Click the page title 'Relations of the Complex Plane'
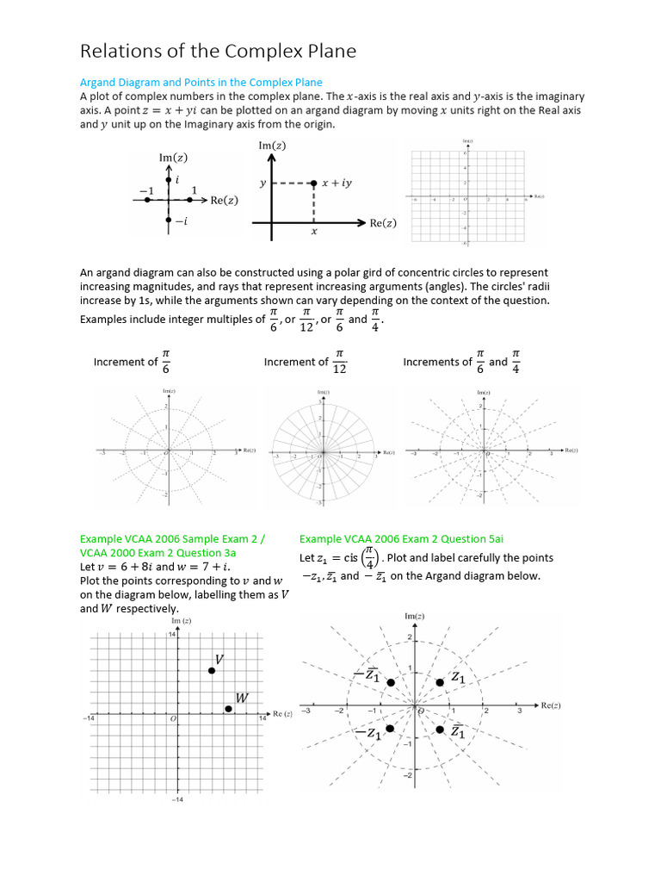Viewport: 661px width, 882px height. [218, 52]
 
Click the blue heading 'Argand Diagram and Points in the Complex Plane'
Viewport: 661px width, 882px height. [201, 83]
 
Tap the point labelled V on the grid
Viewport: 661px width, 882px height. [212, 671]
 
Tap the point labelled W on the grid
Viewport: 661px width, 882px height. [228, 709]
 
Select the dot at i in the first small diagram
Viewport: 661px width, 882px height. [169, 179]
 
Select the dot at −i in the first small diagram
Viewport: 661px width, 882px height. [169, 220]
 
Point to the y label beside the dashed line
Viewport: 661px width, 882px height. [263, 183]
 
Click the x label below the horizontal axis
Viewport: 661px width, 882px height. [313, 232]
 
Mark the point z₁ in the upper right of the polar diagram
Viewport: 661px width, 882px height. [440, 682]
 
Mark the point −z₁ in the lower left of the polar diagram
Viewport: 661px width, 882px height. [390, 729]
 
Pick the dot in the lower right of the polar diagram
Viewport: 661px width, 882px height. [440, 730]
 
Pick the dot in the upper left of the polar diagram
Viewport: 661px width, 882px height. [391, 682]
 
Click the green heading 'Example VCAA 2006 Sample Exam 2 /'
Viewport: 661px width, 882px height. [172, 538]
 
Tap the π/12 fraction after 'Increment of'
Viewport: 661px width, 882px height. [340, 362]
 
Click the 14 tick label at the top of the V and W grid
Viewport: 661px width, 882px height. [170, 634]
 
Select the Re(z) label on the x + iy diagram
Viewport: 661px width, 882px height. [383, 223]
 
